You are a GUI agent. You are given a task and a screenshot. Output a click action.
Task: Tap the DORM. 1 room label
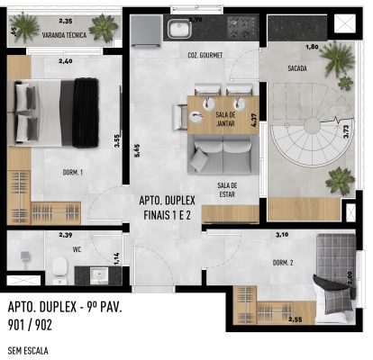coord(73,172)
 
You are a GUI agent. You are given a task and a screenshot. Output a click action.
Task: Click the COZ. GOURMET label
coord(205,55)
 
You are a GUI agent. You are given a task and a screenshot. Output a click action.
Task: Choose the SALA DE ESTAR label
coord(226,189)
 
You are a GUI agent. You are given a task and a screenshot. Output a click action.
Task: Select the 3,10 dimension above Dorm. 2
coord(280,235)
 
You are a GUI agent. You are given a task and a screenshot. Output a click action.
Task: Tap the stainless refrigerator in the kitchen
coord(143,32)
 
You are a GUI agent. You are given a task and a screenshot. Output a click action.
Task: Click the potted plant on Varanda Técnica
coord(105,28)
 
